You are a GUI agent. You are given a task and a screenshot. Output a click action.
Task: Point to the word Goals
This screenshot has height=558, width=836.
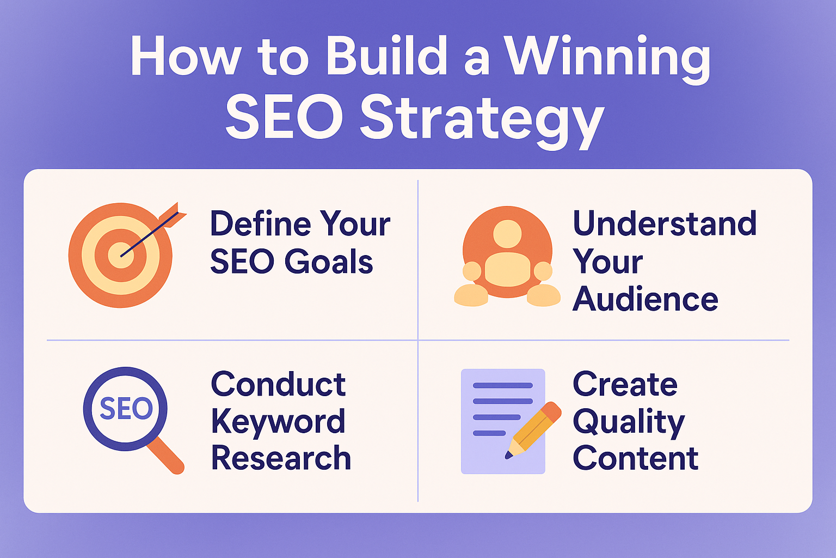click(329, 261)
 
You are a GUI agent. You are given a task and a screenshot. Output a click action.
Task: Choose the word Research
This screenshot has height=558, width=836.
click(281, 458)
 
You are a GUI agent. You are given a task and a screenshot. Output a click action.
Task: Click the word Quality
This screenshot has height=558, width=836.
click(629, 423)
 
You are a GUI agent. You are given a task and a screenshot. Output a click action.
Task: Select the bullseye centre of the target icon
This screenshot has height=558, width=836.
click(120, 255)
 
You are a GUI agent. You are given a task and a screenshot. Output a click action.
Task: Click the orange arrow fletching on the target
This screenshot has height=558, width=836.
click(172, 215)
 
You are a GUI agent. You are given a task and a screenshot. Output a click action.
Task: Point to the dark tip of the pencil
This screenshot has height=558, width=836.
click(508, 455)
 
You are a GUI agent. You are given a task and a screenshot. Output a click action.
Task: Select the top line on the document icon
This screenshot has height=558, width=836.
click(503, 385)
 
